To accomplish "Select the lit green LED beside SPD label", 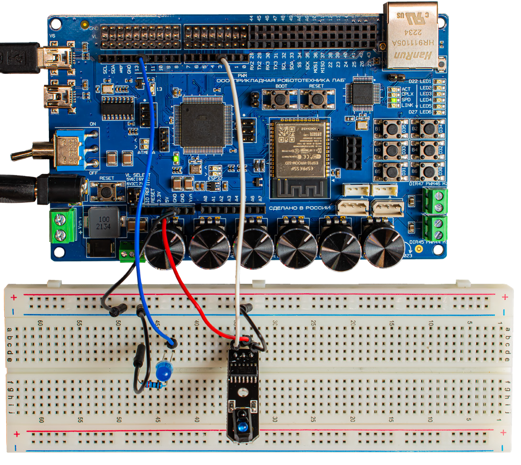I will point(394,100).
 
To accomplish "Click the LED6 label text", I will point(425,112).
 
